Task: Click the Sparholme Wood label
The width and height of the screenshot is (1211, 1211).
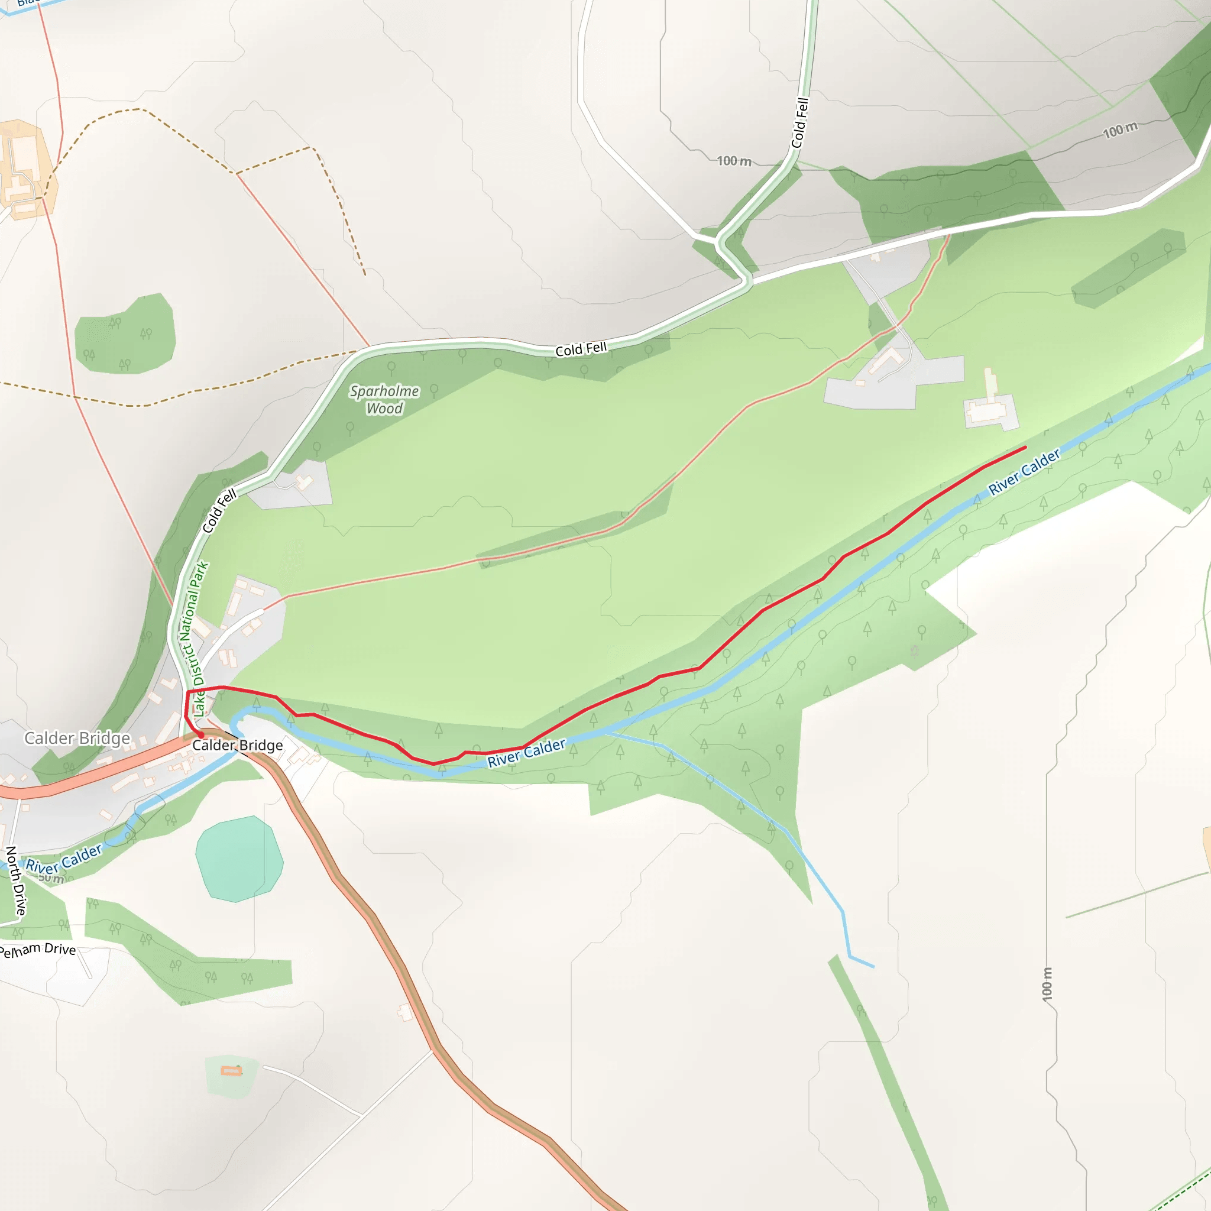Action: pos(384,399)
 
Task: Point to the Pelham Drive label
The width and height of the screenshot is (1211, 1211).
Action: pos(38,950)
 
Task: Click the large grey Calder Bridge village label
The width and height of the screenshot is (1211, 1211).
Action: pos(77,739)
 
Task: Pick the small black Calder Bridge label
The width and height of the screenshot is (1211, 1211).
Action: pos(237,745)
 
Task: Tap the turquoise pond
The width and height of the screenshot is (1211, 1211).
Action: pos(239,859)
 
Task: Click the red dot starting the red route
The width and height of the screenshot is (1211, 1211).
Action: pos(200,734)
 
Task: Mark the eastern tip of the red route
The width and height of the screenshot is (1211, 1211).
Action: pos(1025,447)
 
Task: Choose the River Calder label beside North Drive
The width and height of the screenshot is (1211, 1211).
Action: pos(63,859)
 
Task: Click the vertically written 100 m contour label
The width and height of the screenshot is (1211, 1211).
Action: pos(1047,984)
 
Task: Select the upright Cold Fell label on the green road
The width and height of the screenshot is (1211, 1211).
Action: pos(800,123)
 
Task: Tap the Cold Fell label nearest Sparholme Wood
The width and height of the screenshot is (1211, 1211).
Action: pos(581,349)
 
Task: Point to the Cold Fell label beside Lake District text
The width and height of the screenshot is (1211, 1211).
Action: pos(219,511)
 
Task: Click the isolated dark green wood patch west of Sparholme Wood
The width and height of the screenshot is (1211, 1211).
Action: pos(125,335)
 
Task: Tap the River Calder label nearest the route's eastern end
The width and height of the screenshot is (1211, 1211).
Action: pos(1024,471)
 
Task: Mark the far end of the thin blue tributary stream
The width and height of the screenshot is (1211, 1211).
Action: pos(873,967)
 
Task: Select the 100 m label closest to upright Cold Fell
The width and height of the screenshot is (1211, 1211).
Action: pos(734,161)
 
